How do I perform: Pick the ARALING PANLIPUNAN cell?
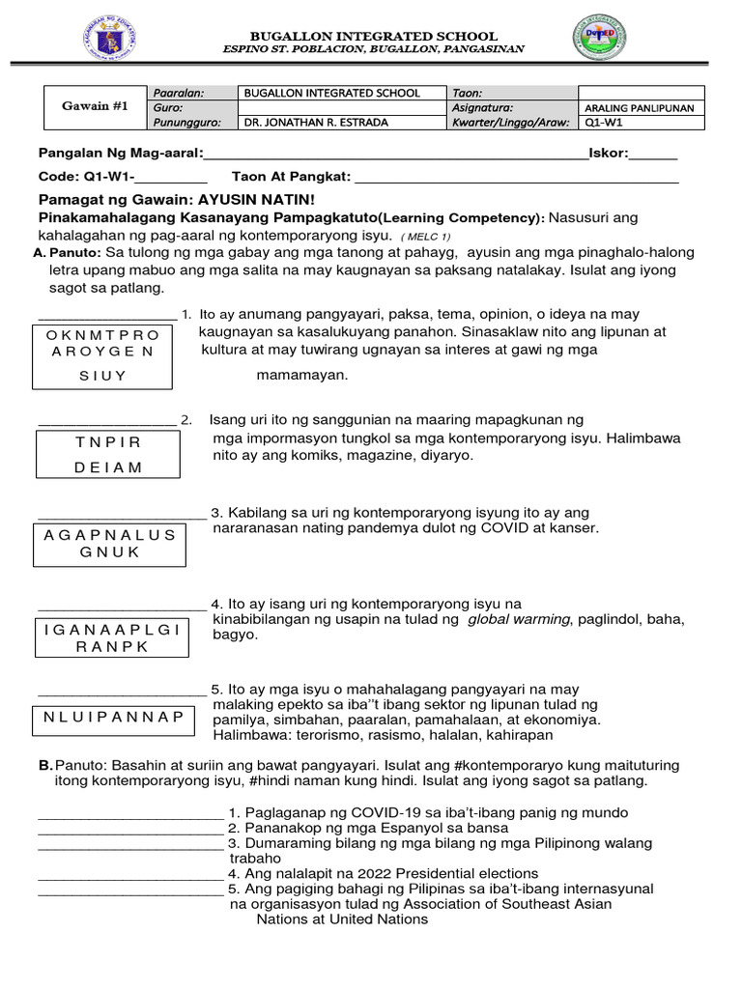point(640,108)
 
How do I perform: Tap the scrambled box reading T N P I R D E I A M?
point(108,454)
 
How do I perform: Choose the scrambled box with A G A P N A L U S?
point(110,543)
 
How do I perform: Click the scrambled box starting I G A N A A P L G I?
point(113,637)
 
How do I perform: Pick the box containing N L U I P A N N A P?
point(113,716)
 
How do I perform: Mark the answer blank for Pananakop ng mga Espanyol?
point(129,829)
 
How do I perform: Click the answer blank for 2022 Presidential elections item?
point(129,874)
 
